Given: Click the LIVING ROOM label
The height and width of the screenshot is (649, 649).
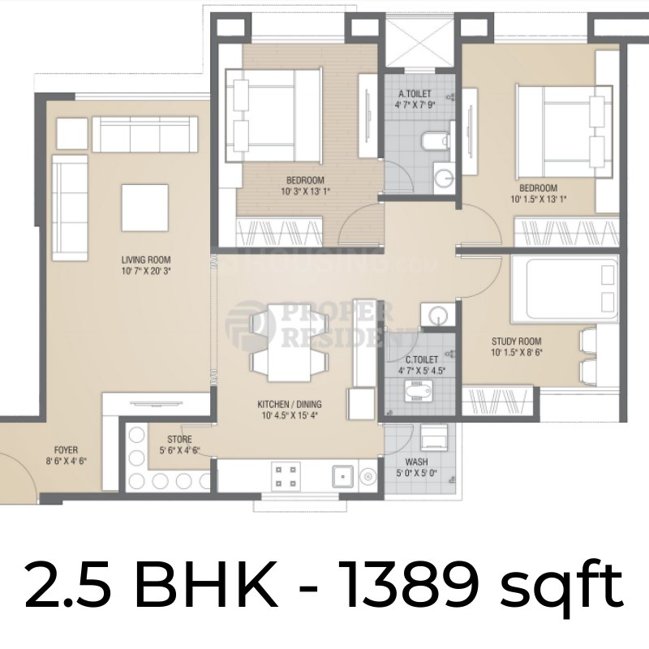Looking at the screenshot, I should (x=146, y=260).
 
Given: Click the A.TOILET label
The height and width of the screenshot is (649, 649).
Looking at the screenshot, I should (x=414, y=93).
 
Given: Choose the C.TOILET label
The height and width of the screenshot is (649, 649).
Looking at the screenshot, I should (x=422, y=359).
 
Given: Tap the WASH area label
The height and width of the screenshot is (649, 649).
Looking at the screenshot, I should (x=416, y=462).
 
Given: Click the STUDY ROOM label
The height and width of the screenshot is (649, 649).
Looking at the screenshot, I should (x=517, y=342).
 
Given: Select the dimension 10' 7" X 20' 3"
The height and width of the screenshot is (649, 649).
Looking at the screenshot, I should (x=146, y=272).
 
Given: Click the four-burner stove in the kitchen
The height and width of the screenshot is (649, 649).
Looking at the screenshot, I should (x=286, y=475).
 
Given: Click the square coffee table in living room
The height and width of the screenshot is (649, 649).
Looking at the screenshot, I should (x=145, y=208).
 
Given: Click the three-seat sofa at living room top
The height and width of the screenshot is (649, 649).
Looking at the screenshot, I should (x=145, y=131).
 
